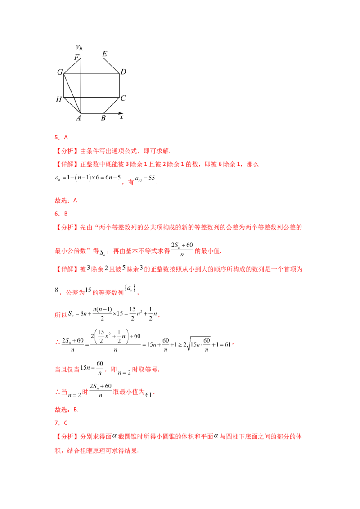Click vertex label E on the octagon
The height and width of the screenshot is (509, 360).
pos(104,54)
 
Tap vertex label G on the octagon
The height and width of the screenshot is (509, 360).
pos(60,72)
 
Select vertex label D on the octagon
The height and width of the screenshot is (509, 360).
pos(123,72)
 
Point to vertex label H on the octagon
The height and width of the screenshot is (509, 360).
pos(59,99)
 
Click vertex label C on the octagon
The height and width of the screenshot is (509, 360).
pos(123,98)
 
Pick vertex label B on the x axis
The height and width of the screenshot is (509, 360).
pos(103,118)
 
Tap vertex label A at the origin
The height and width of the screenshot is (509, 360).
pos(79,118)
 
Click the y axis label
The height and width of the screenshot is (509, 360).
pos(78,47)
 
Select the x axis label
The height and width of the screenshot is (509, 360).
pos(121,117)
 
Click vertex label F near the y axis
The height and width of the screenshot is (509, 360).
pos(76,58)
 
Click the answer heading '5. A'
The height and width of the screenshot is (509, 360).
pos(61,138)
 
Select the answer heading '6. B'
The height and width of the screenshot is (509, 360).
pos(61,214)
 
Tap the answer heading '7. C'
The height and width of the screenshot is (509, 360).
pos(61,423)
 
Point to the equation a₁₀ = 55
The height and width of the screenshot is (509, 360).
pos(145,179)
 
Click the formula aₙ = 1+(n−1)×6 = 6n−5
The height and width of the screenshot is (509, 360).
pos(88,178)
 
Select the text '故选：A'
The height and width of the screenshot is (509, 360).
pos(66,201)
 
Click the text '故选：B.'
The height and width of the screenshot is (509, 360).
pos(67,410)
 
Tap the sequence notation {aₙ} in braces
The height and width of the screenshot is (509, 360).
pos(130,288)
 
